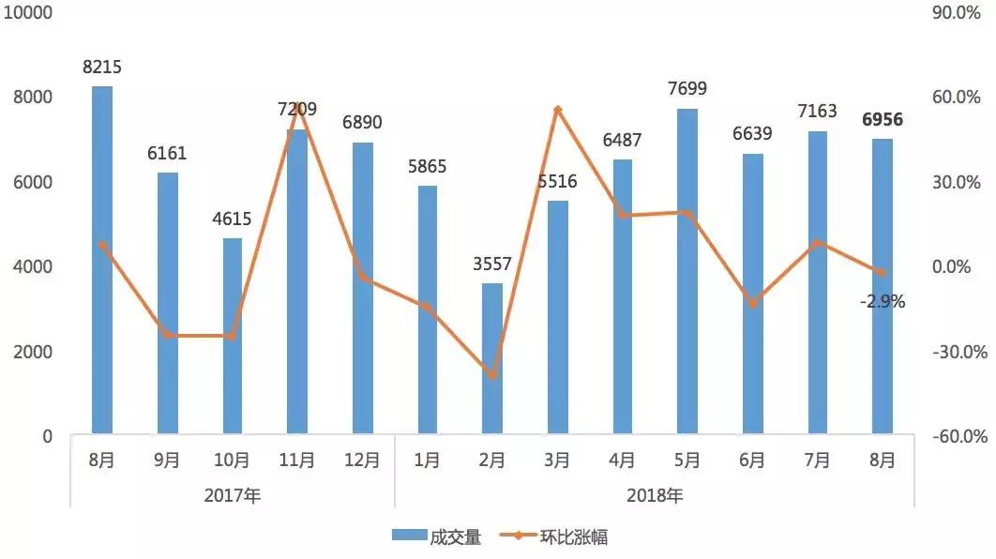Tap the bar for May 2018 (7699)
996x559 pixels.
pyautogui.click(x=687, y=272)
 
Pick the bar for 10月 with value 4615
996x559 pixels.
pyautogui.click(x=233, y=338)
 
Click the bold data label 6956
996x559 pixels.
pyautogui.click(x=883, y=120)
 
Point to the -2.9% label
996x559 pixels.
pyautogui.click(x=883, y=302)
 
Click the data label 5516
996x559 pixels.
pyautogui.click(x=557, y=182)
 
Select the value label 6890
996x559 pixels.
pyautogui.click(x=362, y=123)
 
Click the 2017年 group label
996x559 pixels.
pyautogui.click(x=232, y=495)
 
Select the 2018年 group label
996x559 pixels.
pyautogui.click(x=655, y=495)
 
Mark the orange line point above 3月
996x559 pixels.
pyautogui.click(x=557, y=110)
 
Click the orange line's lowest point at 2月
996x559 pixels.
pyautogui.click(x=492, y=376)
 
